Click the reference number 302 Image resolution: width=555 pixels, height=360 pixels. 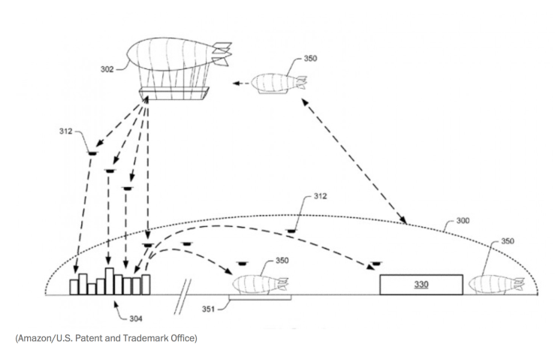pyautogui.click(x=107, y=70)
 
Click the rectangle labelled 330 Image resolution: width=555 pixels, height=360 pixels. pyautogui.click(x=421, y=286)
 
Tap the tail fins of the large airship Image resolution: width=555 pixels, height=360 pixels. pyautogui.click(x=222, y=52)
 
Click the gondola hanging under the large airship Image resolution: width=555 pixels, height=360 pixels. pyautogui.click(x=173, y=92)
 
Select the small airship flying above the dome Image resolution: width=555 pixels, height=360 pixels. pyautogui.click(x=278, y=83)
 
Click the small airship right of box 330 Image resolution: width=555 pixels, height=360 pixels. pyautogui.click(x=496, y=285)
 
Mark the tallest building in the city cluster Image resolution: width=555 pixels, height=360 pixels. pyautogui.click(x=109, y=280)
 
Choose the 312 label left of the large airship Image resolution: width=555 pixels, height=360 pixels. pyautogui.click(x=65, y=132)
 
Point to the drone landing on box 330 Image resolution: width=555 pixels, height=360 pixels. pyautogui.click(x=374, y=265)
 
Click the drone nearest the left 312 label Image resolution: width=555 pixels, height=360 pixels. pyautogui.click(x=92, y=152)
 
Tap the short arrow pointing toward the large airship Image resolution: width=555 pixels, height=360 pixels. pyautogui.click(x=240, y=83)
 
